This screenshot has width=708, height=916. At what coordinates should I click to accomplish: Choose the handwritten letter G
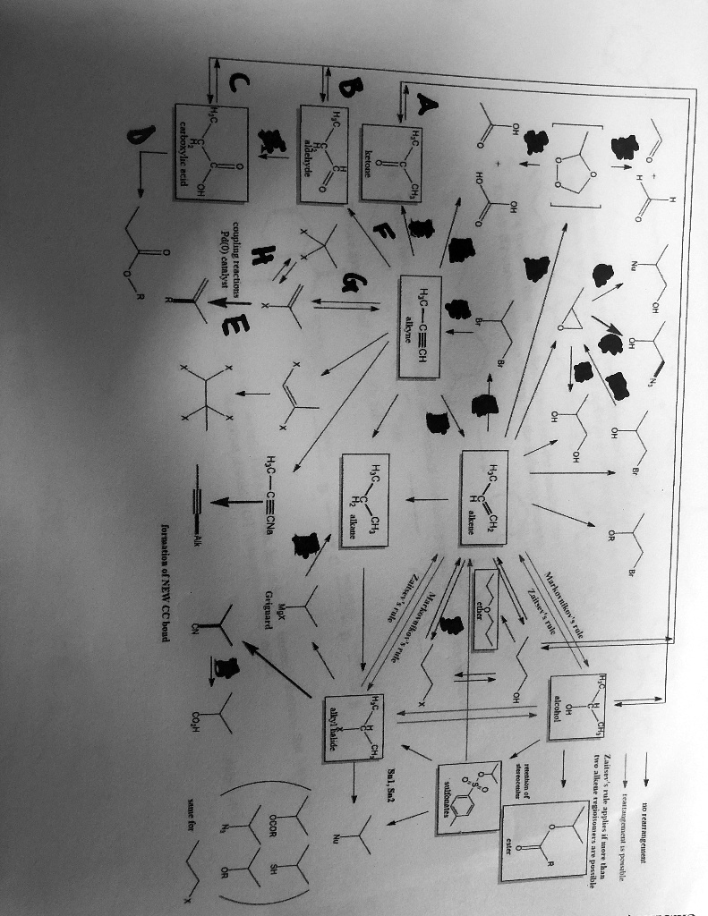[x=345, y=284]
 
